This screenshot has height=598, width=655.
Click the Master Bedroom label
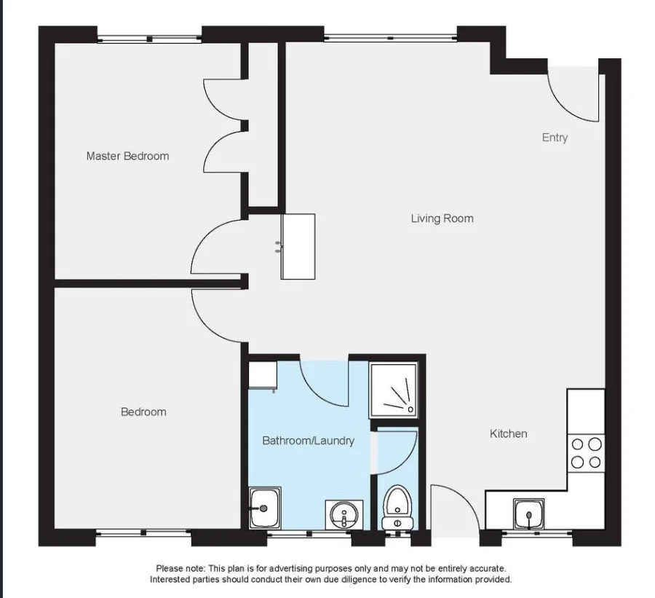pos(127,156)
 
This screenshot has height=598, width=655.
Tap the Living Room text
pos(442,219)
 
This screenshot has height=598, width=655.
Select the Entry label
pos(555,138)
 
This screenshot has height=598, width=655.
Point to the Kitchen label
pos(508,433)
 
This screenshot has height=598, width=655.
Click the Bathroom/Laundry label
pos(308,441)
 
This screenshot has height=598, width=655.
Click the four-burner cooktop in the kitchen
pos(586,452)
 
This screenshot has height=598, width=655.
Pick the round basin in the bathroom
pos(343,516)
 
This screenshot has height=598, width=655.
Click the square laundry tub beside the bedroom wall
pos(263,507)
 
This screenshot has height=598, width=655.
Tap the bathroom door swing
pos(324,385)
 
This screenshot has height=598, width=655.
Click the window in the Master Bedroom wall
pos(149,38)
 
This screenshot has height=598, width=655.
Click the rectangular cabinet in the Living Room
pos(298,246)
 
